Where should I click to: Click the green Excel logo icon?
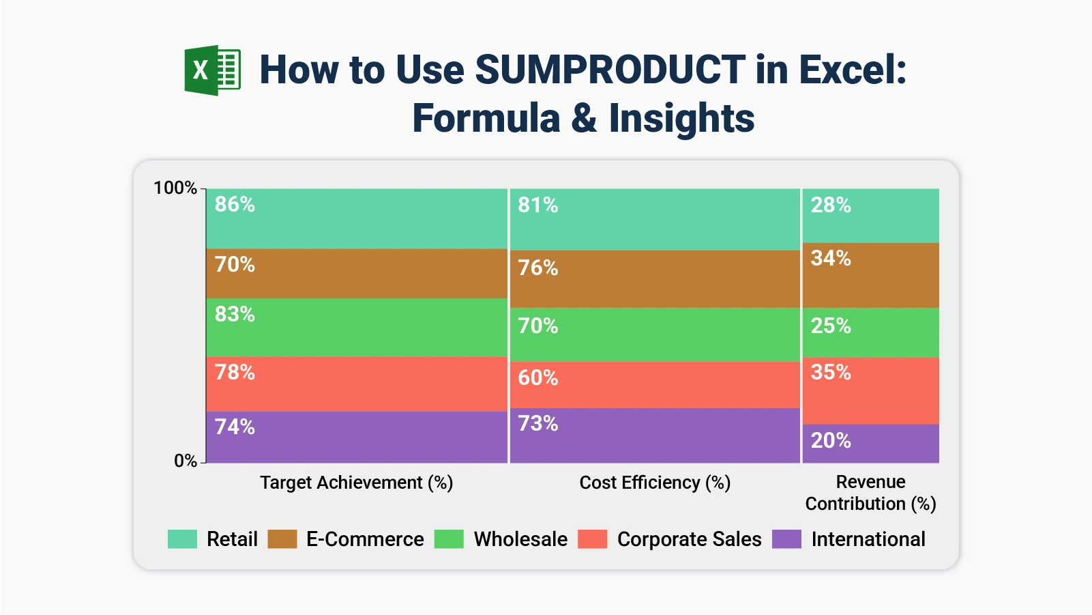point(212,70)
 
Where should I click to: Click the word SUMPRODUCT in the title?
point(610,70)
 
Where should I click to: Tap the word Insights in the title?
point(681,118)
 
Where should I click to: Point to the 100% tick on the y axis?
point(175,188)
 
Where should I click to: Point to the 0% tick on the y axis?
point(185,461)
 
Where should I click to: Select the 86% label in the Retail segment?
point(235,204)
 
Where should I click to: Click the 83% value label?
point(235,314)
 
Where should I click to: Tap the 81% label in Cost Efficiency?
point(537,205)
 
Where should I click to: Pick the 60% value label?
point(537,377)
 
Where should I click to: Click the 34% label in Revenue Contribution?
point(830,258)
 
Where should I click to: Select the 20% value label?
point(830,440)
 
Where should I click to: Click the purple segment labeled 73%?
point(655,437)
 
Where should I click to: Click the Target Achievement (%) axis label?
point(356,483)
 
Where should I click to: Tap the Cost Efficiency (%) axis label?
point(655,483)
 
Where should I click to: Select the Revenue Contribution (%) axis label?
point(870,493)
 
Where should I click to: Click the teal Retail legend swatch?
point(182,539)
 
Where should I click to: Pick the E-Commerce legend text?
point(365,539)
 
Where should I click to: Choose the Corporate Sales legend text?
point(689,539)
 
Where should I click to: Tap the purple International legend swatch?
point(786,539)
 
